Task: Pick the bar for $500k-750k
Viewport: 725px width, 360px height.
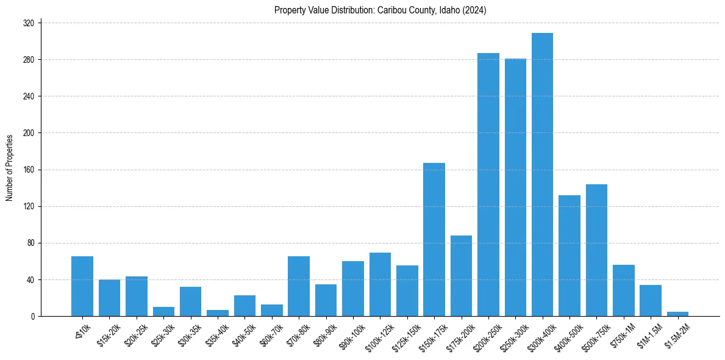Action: click(x=596, y=250)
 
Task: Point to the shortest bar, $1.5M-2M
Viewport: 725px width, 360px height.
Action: click(x=677, y=314)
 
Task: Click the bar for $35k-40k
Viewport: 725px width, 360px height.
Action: click(x=218, y=313)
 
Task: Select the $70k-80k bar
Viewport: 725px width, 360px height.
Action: click(x=299, y=286)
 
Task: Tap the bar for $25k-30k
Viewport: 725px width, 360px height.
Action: click(x=163, y=312)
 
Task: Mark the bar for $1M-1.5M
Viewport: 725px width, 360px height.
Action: click(x=651, y=300)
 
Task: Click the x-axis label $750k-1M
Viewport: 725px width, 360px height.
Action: click(x=623, y=336)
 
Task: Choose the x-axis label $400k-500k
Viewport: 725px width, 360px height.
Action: click(x=567, y=336)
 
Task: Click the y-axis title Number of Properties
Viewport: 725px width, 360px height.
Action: click(x=10, y=168)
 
